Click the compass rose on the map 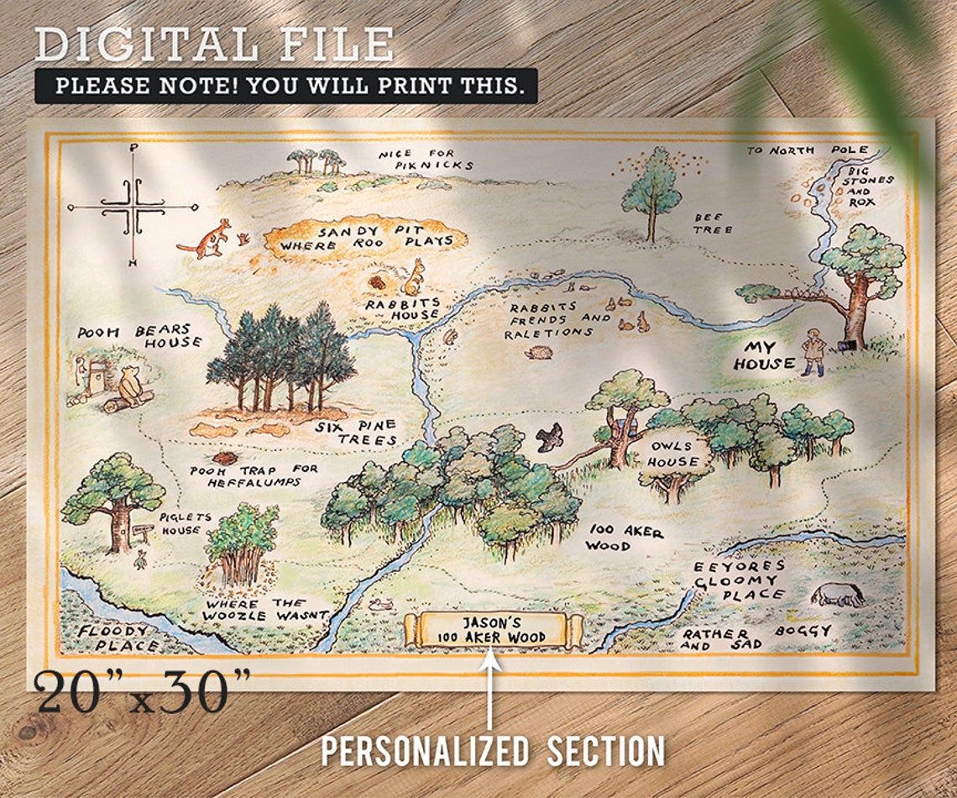[x=133, y=206]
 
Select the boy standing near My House [x=811, y=352]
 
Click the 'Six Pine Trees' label [x=355, y=433]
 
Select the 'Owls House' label [x=672, y=454]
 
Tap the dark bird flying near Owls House [x=550, y=437]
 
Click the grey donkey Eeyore [x=837, y=594]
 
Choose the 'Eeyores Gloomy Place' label [x=739, y=580]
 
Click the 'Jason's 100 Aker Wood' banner [x=494, y=630]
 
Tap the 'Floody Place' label [x=115, y=638]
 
